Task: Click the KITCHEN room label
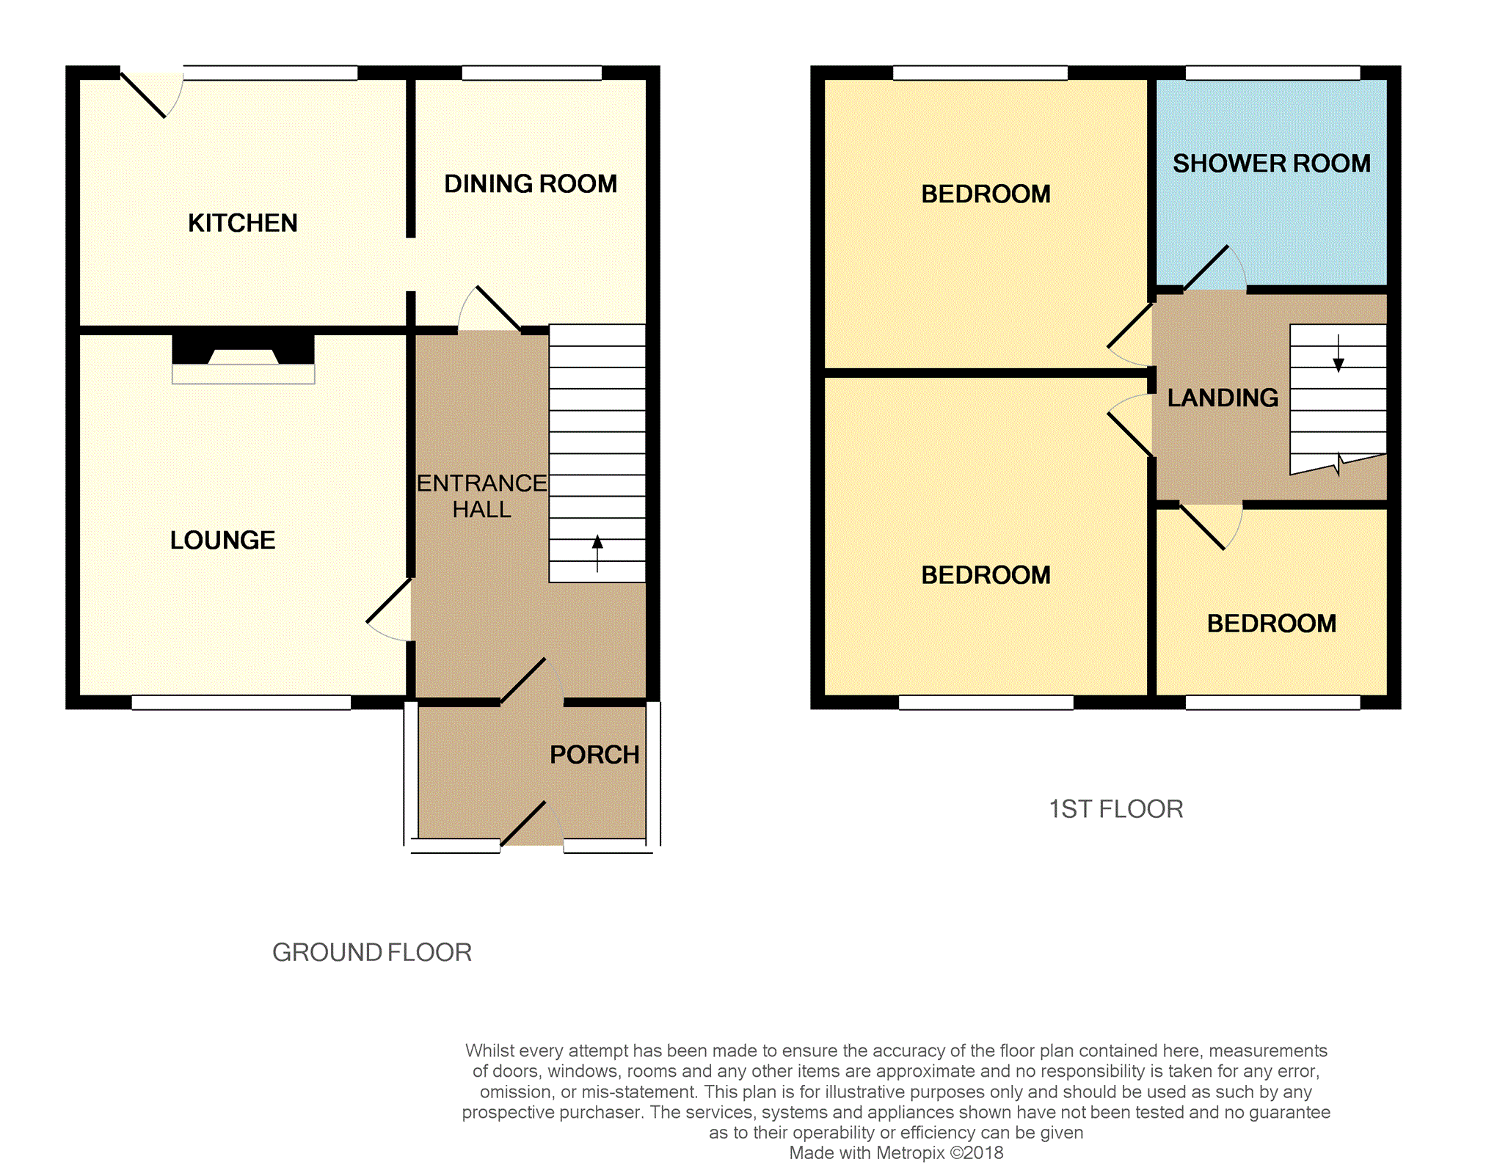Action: (243, 223)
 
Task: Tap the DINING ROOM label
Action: (531, 183)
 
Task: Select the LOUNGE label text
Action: (222, 540)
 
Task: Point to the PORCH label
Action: (594, 755)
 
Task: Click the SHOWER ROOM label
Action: (1272, 163)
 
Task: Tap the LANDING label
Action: (1223, 398)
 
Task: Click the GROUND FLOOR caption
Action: (372, 952)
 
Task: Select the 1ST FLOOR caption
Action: (1115, 809)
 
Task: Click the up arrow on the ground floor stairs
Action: (597, 553)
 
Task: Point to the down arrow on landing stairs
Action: (1339, 354)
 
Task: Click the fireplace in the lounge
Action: (244, 359)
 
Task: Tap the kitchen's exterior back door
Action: (151, 95)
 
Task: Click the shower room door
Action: (1214, 268)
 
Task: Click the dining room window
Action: (532, 73)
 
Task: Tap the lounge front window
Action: (241, 702)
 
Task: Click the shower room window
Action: (1273, 73)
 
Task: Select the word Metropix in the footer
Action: (910, 1152)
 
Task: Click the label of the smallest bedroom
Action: (1272, 624)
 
